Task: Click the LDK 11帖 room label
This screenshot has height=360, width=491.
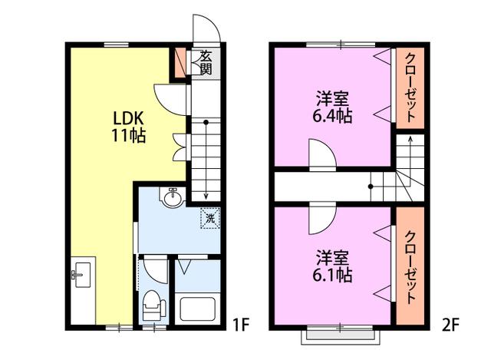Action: click(x=129, y=127)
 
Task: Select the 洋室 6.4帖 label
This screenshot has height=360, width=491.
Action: click(x=332, y=107)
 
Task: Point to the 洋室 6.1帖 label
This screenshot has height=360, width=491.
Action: click(x=332, y=266)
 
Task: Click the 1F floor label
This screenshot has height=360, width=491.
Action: click(x=240, y=325)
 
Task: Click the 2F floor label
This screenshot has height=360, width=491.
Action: click(x=450, y=325)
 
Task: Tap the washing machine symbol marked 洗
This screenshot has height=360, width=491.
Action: click(x=210, y=218)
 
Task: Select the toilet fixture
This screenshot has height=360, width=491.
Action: click(x=154, y=305)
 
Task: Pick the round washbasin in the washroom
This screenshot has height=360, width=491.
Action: click(x=172, y=197)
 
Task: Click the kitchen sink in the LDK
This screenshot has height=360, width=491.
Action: click(x=83, y=275)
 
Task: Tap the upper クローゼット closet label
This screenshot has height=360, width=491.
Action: click(x=410, y=88)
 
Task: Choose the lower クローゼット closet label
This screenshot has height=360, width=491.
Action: click(x=410, y=267)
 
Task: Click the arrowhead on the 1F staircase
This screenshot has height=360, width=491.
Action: click(x=206, y=197)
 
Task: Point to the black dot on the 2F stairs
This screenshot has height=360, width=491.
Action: click(x=371, y=187)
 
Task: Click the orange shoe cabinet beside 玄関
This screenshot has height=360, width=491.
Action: click(x=180, y=61)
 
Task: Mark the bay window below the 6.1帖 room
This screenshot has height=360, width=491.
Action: click(x=341, y=335)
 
